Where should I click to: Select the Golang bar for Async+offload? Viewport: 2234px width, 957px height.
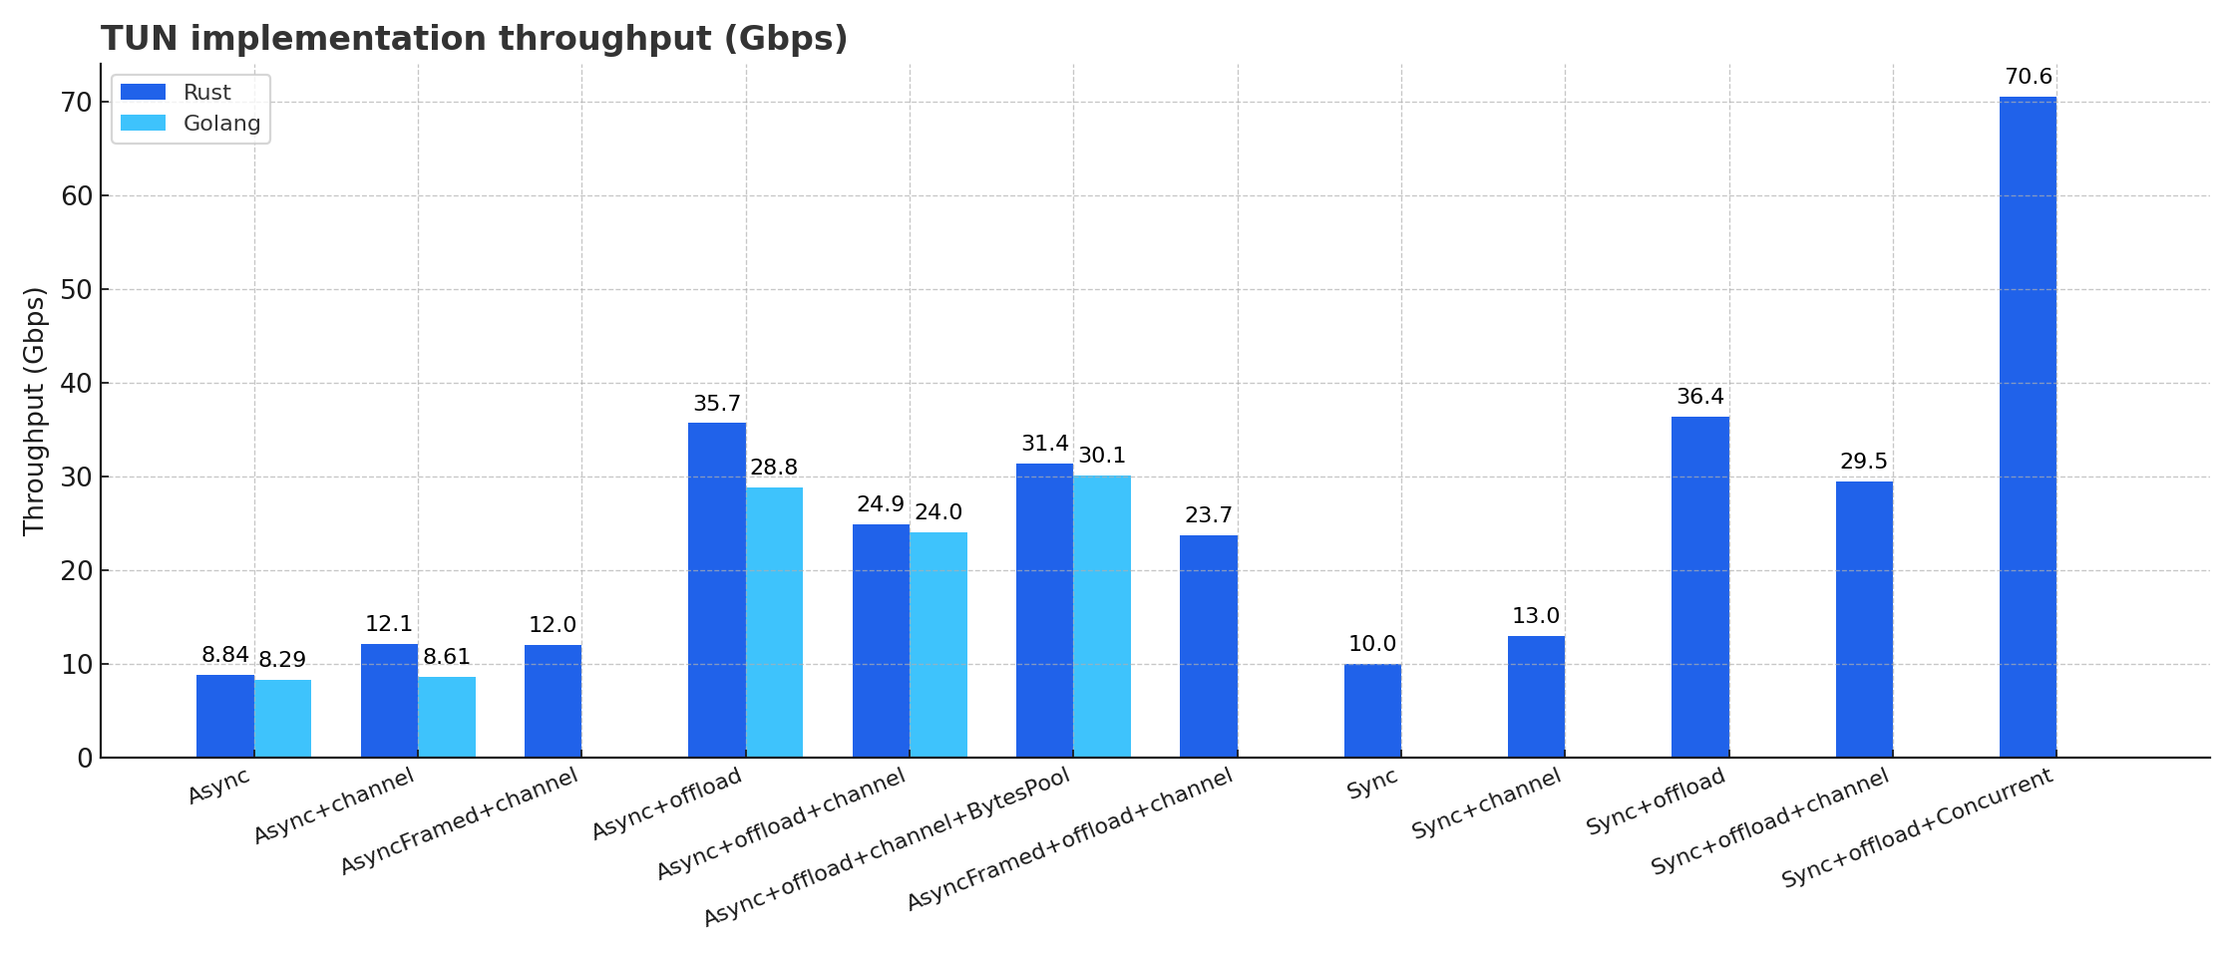pos(774,622)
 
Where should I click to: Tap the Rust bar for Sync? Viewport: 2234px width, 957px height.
pos(1372,711)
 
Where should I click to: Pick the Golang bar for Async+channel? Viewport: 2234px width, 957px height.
pos(447,717)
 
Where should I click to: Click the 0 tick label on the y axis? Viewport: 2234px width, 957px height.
pos(85,759)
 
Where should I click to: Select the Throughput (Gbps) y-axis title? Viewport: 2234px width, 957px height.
pos(34,411)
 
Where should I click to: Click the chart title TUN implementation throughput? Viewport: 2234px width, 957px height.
pos(474,39)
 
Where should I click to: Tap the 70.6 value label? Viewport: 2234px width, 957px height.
pos(2029,77)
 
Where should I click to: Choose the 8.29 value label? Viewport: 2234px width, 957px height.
pos(282,660)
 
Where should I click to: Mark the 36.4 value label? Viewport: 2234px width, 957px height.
pos(1699,397)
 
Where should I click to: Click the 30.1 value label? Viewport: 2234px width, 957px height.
pos(1102,456)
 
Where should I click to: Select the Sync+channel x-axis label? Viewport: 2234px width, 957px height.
pos(1486,804)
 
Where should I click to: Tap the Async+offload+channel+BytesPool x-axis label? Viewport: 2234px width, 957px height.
pos(888,847)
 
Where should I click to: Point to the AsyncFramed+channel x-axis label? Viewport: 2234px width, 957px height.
pos(459,821)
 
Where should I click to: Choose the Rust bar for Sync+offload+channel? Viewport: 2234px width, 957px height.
pos(1864,619)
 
